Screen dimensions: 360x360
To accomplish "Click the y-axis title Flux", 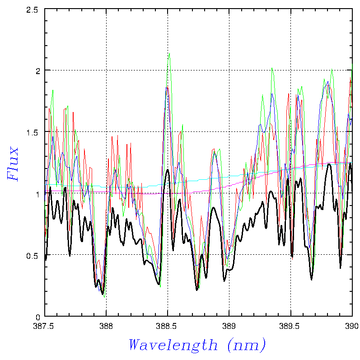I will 13,164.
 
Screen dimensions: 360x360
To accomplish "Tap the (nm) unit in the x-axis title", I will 247,346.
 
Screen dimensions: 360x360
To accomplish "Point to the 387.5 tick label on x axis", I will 45,325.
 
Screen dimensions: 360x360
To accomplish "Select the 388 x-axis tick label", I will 106,325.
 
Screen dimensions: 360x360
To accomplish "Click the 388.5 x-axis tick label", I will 168,325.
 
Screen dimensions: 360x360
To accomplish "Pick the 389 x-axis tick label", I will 229,325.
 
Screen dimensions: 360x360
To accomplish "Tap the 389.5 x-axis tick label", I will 290,325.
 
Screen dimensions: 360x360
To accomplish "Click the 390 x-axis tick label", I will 351,325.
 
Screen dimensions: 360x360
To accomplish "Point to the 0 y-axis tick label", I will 38,317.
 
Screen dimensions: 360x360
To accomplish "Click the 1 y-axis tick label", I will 38,194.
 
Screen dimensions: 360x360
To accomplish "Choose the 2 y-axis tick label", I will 38,70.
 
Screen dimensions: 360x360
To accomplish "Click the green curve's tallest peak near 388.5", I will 169,53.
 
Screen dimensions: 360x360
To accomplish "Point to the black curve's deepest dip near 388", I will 103,294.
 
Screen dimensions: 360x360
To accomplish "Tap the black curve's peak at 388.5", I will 168,170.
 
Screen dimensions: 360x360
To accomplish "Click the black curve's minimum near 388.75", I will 197,290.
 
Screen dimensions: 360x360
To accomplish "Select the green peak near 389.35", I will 272,68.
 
